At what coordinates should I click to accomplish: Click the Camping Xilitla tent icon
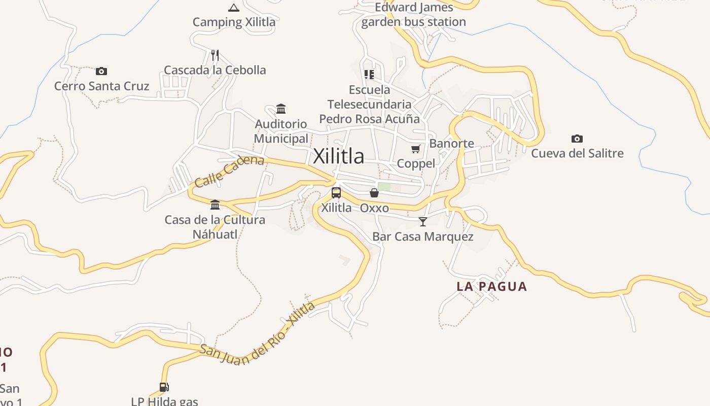[233, 8]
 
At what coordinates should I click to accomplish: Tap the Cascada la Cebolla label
[215, 70]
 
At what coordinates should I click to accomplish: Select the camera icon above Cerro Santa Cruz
[101, 71]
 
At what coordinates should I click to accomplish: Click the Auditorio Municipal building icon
[281, 109]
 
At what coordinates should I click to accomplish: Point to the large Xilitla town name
[338, 156]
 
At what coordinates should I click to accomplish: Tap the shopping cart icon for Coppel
[416, 149]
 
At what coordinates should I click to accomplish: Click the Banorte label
[451, 144]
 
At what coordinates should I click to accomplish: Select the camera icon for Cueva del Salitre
[577, 139]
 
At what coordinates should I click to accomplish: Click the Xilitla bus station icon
[336, 193]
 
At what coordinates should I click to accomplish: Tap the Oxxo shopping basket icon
[374, 193]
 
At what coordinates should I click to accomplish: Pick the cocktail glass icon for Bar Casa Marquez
[423, 221]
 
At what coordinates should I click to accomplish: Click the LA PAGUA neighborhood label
[492, 286]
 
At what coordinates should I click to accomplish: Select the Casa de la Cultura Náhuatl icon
[215, 205]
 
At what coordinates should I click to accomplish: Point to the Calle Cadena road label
[229, 171]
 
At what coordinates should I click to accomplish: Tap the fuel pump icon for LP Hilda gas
[164, 387]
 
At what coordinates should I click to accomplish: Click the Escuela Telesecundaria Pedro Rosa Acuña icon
[369, 75]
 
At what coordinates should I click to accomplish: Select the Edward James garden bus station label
[413, 15]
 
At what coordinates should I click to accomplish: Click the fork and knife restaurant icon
[215, 55]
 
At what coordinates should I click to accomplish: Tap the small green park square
[384, 187]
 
